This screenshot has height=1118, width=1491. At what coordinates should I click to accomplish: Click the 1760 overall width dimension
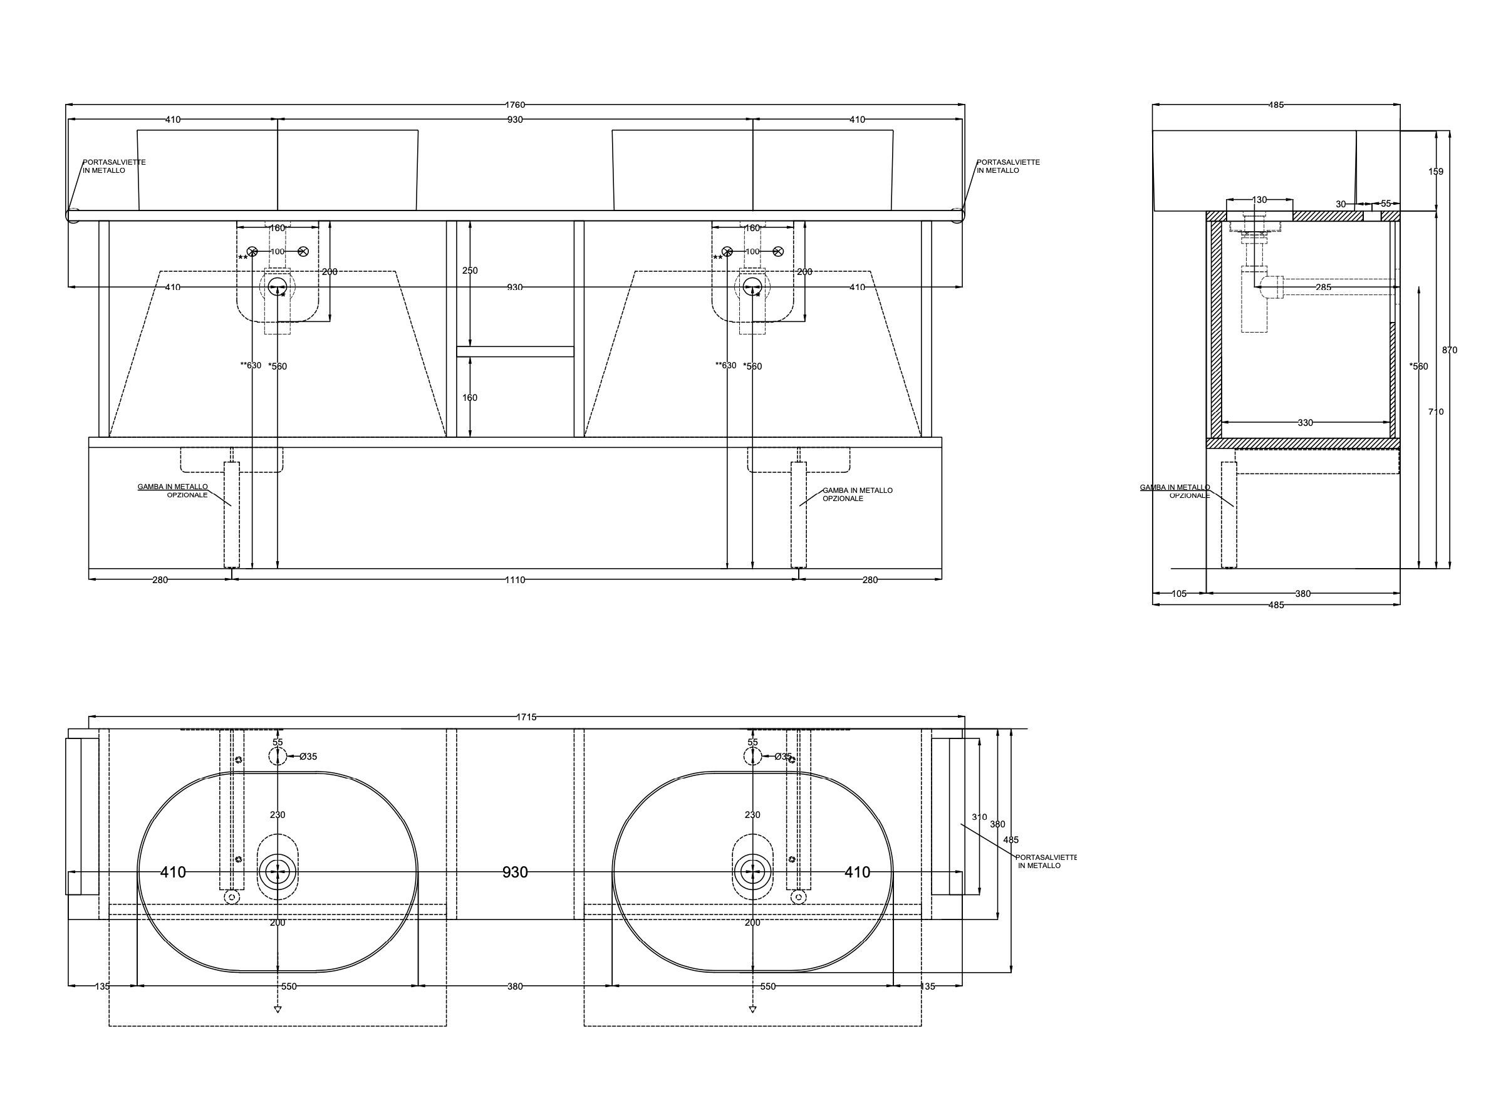514,105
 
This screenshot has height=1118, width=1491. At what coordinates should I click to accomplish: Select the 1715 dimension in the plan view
526,717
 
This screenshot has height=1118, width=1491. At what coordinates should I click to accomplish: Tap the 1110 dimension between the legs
514,579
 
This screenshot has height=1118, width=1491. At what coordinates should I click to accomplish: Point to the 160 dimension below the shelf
470,398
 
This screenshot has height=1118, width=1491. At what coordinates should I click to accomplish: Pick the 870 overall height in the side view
1449,349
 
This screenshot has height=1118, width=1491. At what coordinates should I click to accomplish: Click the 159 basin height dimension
1436,172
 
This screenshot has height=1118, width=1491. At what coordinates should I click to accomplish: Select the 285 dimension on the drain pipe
1323,287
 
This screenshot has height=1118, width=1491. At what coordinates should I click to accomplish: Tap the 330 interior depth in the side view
1305,423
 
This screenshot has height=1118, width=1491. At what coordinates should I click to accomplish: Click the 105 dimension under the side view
1179,594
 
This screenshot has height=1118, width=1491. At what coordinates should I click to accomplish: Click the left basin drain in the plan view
278,872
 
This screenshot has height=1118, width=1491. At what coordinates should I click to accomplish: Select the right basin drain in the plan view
752,872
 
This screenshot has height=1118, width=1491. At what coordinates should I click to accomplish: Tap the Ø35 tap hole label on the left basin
308,757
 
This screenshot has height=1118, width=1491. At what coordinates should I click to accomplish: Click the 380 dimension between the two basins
514,986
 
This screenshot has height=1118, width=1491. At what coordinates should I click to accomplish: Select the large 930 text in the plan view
515,872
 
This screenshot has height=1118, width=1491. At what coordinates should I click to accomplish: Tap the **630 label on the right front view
725,365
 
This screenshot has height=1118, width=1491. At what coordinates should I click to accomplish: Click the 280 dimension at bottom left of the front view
160,579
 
